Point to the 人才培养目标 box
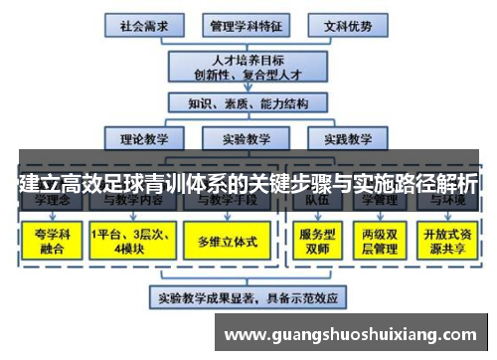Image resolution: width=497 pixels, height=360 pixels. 247,64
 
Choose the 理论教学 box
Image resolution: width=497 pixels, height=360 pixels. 145,139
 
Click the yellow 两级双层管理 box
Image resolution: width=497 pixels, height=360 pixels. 380,242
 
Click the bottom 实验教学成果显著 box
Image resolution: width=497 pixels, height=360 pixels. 248,296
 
